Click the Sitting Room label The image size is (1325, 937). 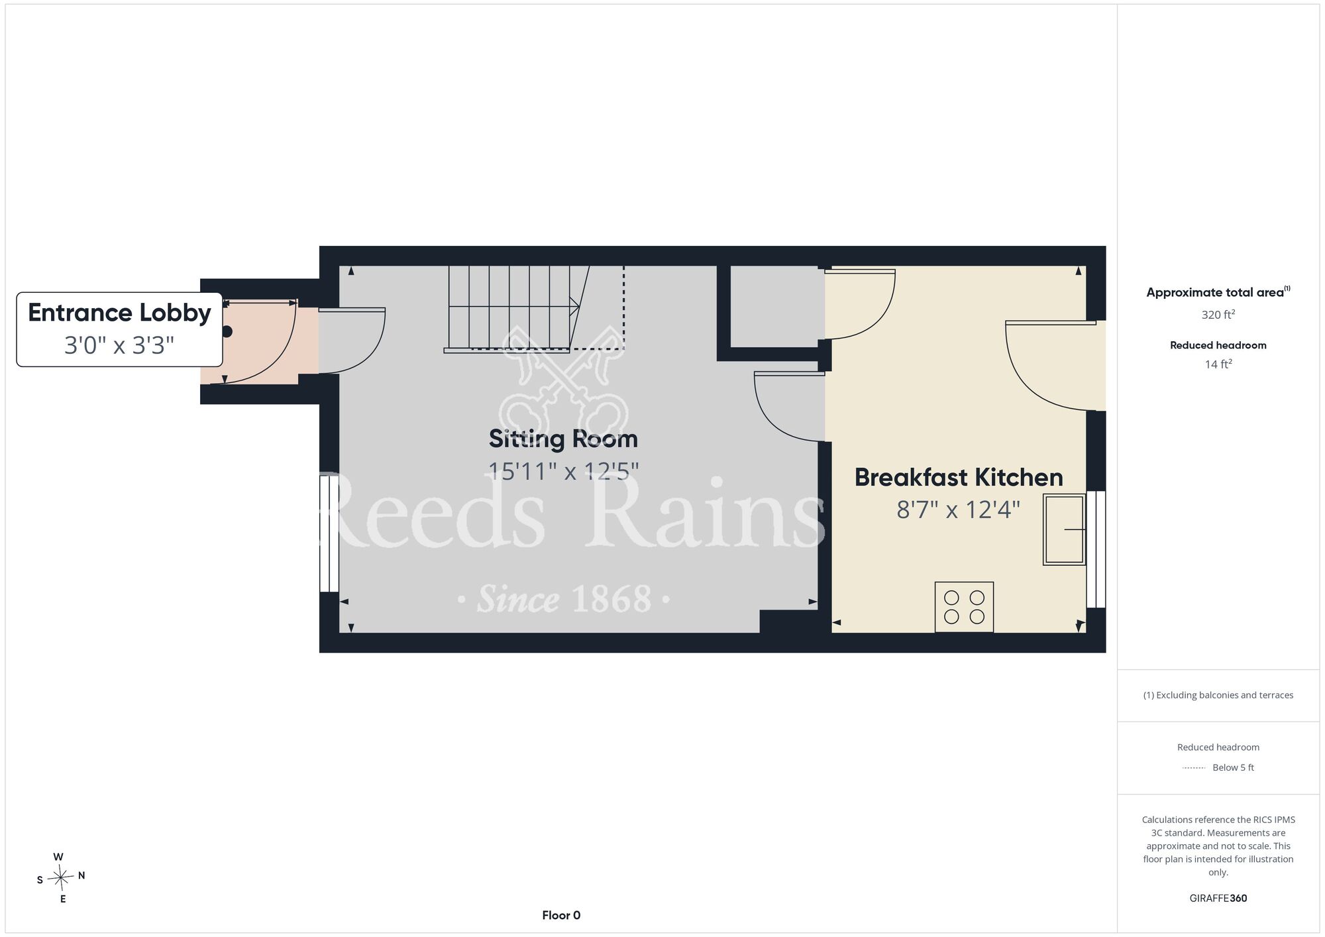563,439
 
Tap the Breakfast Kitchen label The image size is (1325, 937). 959,477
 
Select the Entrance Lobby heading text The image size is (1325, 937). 119,313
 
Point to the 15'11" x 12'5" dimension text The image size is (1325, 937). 563,471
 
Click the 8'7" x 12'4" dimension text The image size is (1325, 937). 958,510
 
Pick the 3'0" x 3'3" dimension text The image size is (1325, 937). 119,345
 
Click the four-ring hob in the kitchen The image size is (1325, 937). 964,607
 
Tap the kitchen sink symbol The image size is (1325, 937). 1065,529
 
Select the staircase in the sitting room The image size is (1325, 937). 513,309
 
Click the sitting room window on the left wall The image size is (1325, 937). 329,534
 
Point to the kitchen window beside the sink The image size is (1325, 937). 1096,549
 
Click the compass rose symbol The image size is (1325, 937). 61,878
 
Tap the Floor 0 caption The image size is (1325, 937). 561,915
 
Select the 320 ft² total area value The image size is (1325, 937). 1218,315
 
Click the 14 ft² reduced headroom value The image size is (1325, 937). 1218,364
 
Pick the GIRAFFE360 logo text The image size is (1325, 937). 1218,899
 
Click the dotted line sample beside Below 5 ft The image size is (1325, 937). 1194,768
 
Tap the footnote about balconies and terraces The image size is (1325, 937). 1218,695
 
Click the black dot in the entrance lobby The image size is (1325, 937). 227,332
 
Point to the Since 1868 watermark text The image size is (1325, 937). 564,600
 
